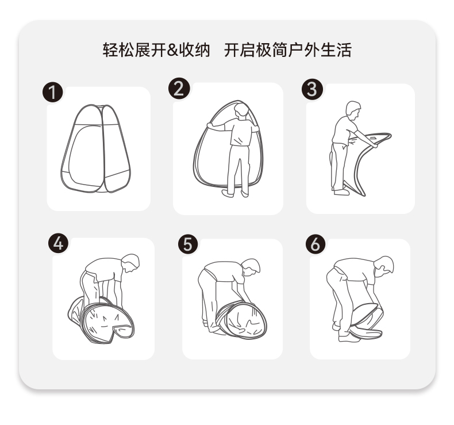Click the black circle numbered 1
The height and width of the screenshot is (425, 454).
53,93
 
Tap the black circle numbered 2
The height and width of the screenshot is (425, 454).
179,89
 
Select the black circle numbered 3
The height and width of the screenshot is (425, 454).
312,89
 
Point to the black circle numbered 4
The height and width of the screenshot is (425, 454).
59,243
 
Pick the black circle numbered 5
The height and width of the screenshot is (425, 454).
188,244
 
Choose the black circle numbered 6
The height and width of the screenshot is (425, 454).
316,244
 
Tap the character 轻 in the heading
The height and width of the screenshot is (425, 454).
110,50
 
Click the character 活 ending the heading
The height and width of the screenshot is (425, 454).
344,50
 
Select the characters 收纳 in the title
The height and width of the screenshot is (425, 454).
194,50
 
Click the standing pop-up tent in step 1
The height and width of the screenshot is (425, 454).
95,148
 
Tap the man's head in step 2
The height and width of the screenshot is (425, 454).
242,110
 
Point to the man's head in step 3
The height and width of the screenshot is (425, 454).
353,110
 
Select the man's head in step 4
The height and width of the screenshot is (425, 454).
131,262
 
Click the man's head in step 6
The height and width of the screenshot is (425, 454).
384,265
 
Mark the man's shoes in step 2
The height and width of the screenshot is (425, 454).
236,194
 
